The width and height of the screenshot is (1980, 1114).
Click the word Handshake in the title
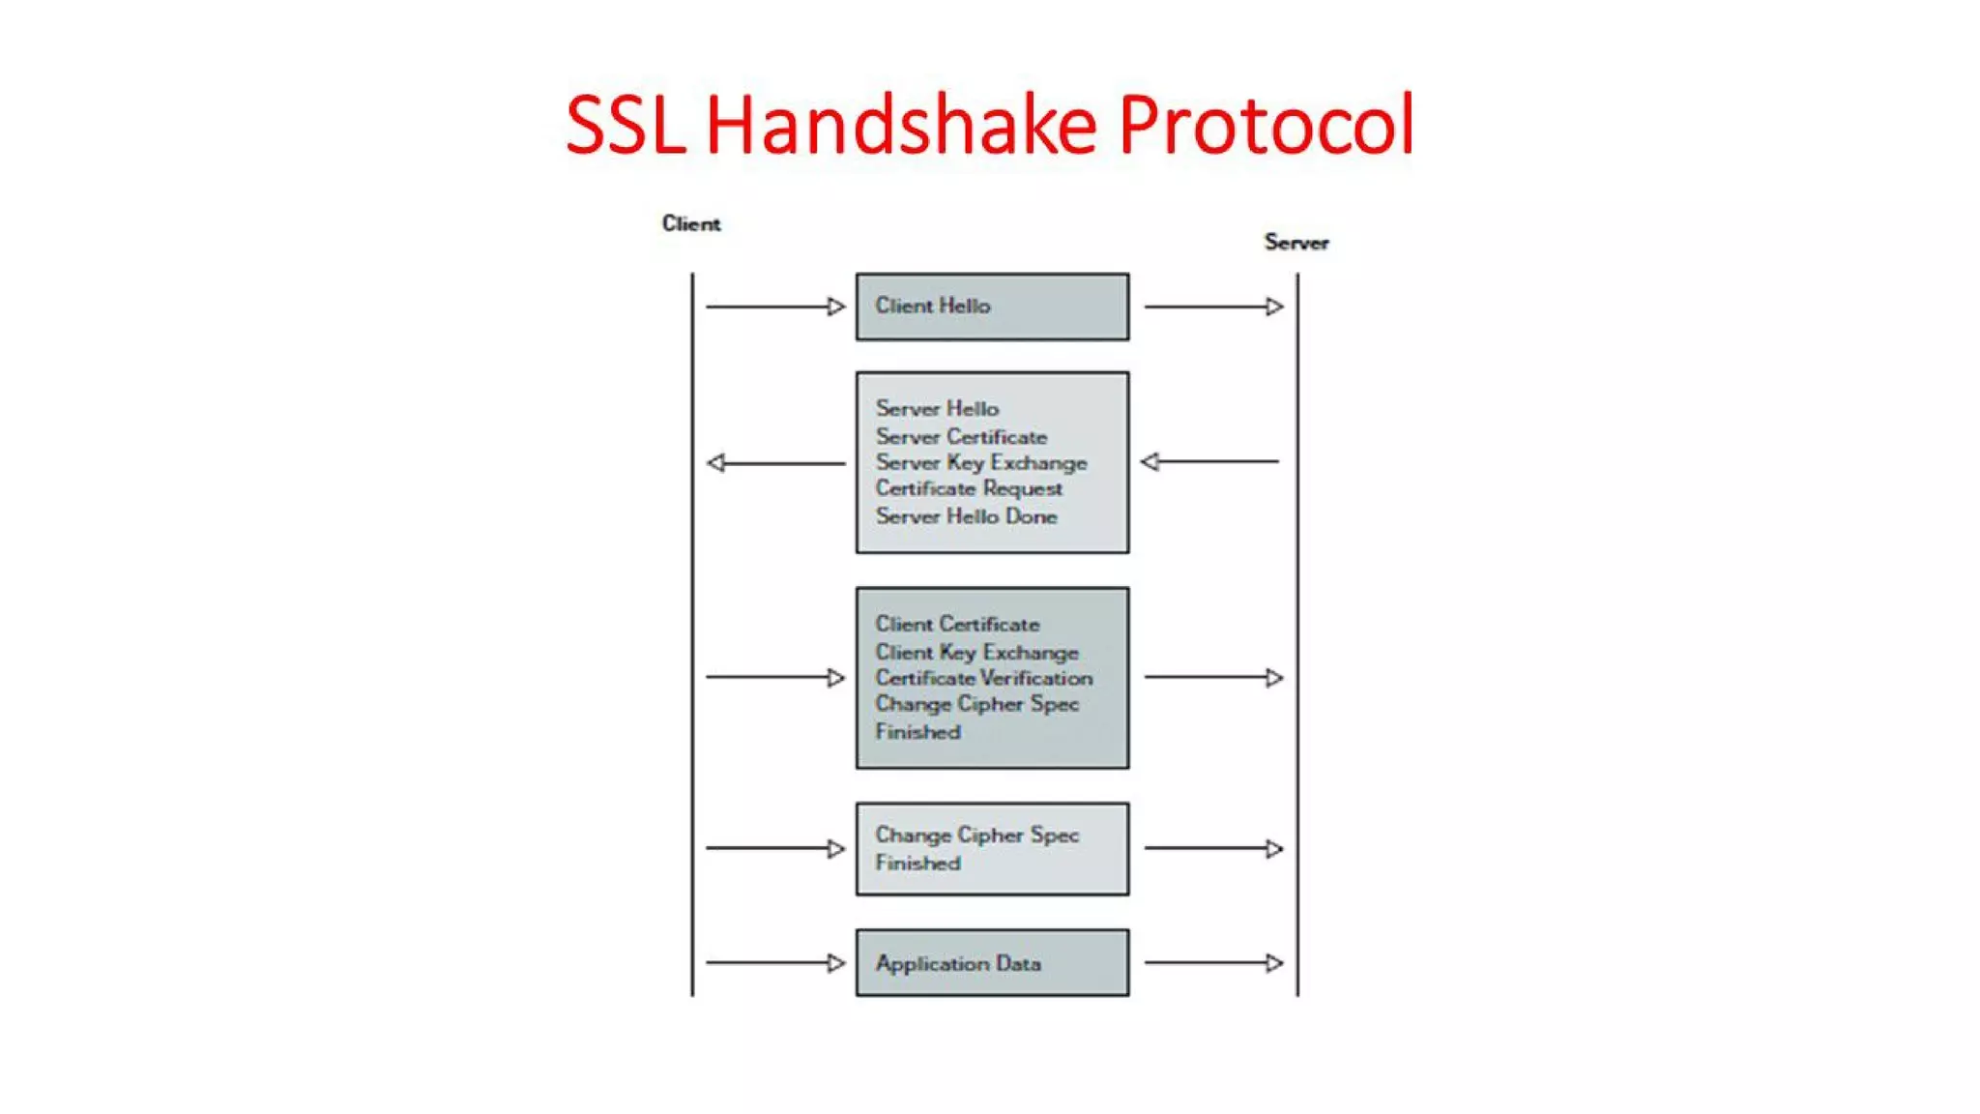900,126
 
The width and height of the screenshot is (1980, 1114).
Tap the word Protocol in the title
1266,126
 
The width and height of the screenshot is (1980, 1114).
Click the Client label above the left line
690,223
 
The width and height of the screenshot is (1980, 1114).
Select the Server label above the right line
1296,242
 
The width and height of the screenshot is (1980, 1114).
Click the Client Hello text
932,306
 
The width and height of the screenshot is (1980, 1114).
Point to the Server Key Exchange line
980,462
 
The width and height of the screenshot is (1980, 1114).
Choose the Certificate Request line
968,488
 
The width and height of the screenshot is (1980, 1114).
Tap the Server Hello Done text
966,516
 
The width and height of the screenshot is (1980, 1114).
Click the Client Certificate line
957,624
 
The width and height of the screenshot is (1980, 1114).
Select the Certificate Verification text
983,678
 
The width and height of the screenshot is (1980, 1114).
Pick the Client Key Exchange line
976,652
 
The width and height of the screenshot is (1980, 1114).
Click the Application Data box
992,962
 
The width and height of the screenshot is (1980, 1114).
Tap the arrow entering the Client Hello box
775,307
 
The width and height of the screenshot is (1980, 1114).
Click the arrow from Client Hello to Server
1213,307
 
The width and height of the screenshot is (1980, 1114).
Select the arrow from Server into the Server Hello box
1209,461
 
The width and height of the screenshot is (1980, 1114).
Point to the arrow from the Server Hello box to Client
775,463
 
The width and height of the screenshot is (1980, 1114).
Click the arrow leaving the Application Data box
1213,962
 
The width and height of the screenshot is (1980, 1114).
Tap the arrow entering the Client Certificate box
775,677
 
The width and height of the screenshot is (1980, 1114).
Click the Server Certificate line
961,436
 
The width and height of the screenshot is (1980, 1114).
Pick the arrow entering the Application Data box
775,962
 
